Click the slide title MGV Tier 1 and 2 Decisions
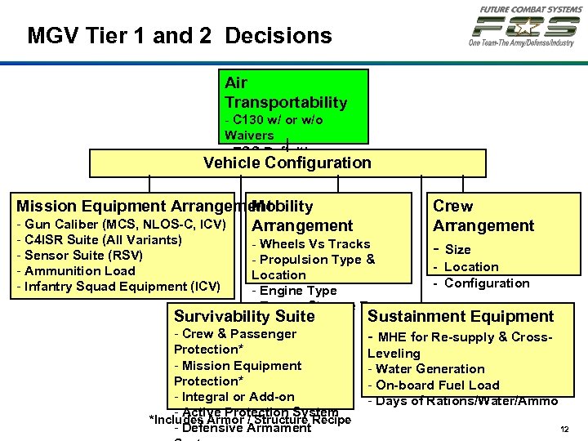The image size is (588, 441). point(180,36)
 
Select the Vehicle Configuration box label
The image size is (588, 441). point(287,163)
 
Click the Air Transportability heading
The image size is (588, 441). point(286,92)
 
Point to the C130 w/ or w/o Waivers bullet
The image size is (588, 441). point(274,127)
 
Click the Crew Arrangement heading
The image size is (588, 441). point(483,216)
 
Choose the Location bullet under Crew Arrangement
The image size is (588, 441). point(471,267)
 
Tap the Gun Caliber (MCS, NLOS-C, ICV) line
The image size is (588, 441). point(121,225)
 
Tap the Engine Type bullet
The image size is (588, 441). point(294,291)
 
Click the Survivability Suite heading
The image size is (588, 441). point(244,316)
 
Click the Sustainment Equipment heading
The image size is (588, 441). point(461,316)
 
